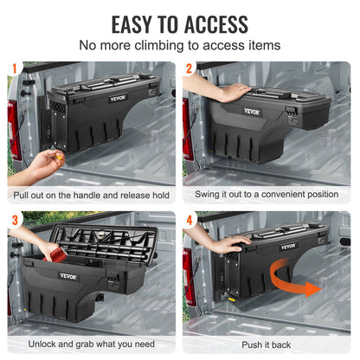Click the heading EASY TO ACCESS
pyautogui.click(x=179, y=23)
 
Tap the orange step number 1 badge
pyautogui.click(x=14, y=67)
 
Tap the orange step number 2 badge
pyautogui.click(x=190, y=67)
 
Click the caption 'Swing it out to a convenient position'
pyautogui.click(x=267, y=195)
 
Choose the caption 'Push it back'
pyautogui.click(x=267, y=344)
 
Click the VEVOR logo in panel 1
pyautogui.click(x=117, y=98)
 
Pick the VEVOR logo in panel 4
pyautogui.click(x=288, y=246)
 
